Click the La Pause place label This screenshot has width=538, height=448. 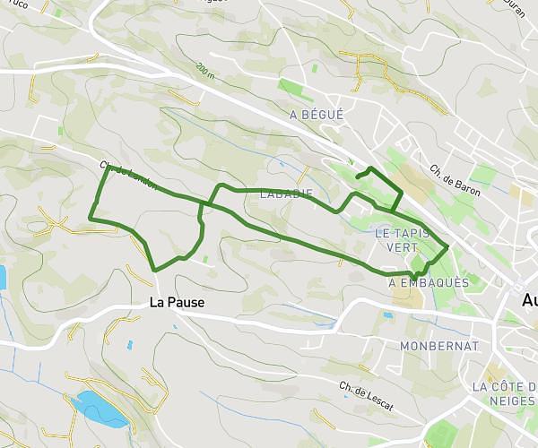point(177,303)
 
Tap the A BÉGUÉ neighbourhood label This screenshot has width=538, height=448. point(317,115)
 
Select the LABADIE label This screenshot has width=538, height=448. point(285,194)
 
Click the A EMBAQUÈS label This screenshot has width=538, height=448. point(429,282)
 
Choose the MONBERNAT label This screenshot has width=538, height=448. point(439,346)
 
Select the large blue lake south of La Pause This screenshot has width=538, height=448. point(99,408)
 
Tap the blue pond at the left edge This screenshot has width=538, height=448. point(3,277)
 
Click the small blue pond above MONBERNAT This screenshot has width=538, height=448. point(387,315)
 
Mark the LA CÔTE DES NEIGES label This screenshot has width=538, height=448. point(504,393)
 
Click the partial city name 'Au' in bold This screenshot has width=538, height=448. point(529,302)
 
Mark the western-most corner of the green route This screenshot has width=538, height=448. point(91,216)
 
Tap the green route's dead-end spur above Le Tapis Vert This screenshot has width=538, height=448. point(357,177)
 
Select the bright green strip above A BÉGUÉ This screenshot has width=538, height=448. point(294,90)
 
